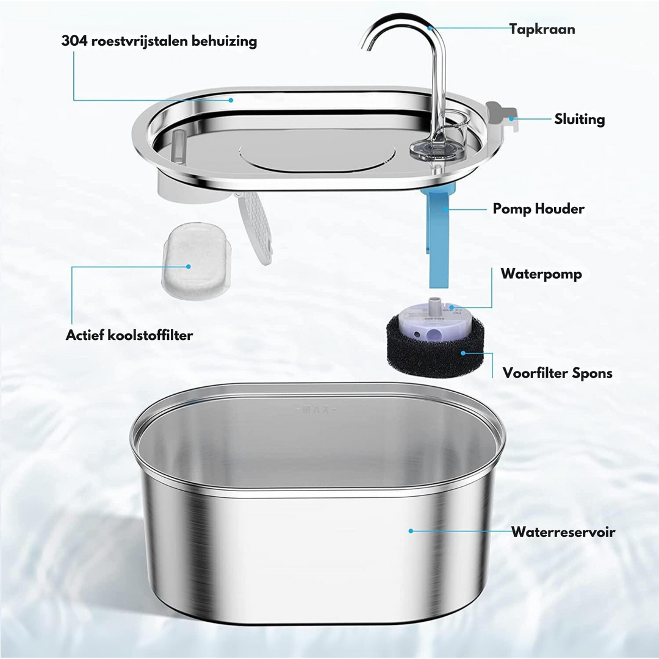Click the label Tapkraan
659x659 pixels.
pos(542,29)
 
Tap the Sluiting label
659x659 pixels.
pos(580,119)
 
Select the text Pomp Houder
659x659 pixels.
pos(538,209)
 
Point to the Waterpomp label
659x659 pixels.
pos(541,274)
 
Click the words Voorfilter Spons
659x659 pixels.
pos(557,373)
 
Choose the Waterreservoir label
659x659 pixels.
pos(563,532)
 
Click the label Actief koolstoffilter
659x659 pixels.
pos(129,336)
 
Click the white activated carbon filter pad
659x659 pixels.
pos(196,261)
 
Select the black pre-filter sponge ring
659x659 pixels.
pos(436,347)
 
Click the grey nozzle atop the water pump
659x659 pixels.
pos(436,303)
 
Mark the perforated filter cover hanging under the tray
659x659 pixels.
pos(254,228)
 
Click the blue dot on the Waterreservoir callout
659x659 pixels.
pos(411,531)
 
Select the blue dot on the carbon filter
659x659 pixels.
pos(189,267)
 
